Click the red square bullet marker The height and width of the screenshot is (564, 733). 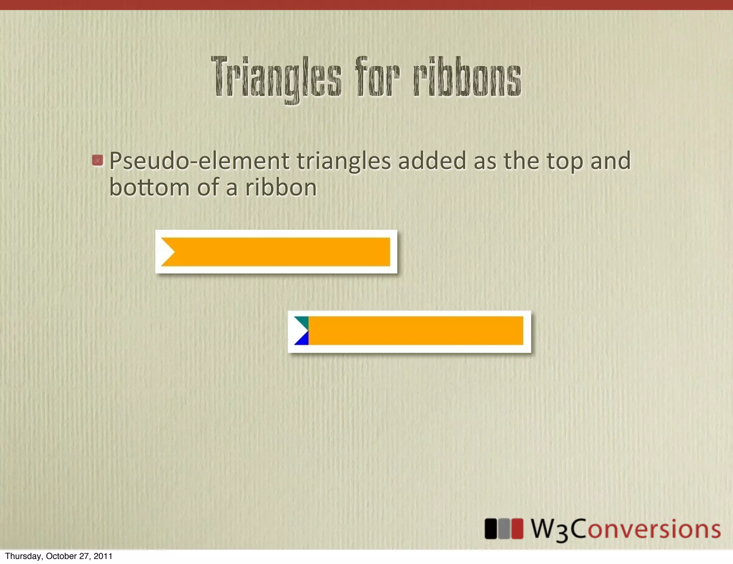click(x=97, y=160)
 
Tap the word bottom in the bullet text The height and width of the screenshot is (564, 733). click(x=149, y=188)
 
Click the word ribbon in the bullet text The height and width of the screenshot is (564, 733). click(x=281, y=188)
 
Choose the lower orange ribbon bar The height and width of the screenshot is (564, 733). click(x=415, y=331)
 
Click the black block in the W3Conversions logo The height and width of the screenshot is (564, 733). click(x=491, y=529)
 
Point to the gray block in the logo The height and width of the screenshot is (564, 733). click(x=504, y=529)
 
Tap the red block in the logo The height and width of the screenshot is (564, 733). click(x=517, y=529)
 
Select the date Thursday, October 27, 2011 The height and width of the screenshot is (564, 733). click(x=59, y=556)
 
